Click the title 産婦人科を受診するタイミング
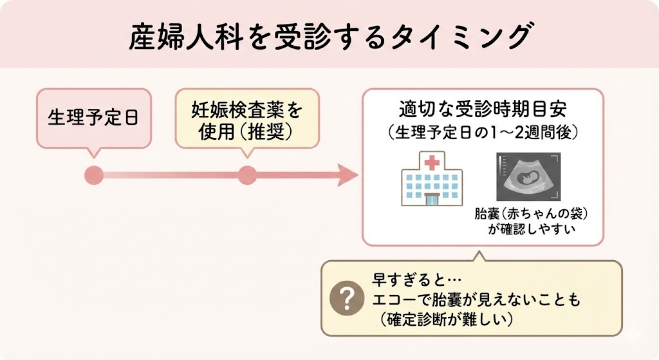(329, 37)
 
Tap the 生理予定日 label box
(93, 118)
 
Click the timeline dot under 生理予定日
(94, 175)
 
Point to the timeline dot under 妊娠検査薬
(247, 175)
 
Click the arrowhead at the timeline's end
(348, 175)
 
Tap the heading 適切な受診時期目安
(484, 108)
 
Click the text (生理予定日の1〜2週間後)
(484, 133)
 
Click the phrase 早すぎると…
(406, 280)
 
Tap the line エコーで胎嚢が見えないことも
(476, 299)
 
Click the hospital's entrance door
(428, 199)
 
